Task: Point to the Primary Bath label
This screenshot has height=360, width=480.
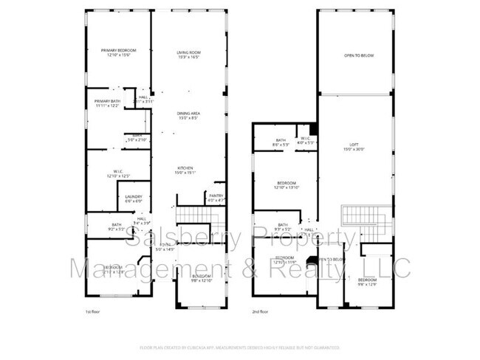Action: tap(107, 103)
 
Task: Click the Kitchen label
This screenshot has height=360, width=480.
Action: tap(184, 170)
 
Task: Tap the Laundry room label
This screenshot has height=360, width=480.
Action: tap(133, 198)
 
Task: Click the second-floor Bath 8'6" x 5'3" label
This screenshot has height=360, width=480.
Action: tap(281, 142)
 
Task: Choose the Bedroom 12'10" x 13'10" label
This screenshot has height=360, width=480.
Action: tap(287, 185)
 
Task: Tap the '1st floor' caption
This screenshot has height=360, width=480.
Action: tap(92, 312)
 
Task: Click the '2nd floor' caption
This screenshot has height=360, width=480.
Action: tap(260, 312)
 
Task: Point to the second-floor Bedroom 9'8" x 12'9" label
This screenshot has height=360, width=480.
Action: tap(367, 283)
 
